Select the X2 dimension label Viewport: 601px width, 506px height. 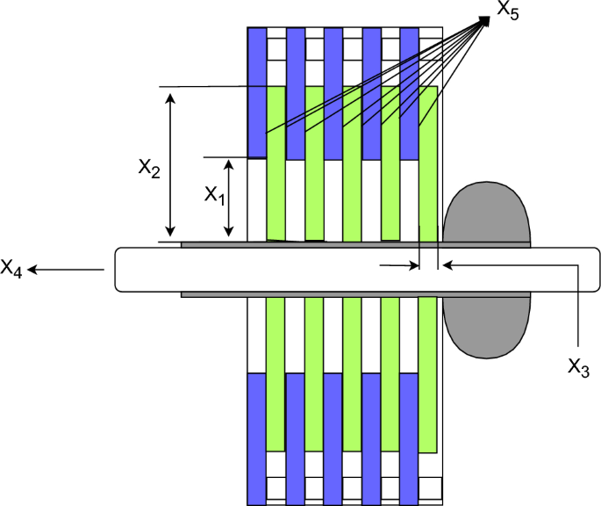pos(149,167)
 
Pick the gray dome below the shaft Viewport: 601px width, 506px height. pos(487,325)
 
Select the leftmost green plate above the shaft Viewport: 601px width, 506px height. pos(275,163)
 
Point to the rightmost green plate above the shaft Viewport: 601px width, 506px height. pos(428,163)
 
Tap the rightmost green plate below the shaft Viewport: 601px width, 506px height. pos(428,374)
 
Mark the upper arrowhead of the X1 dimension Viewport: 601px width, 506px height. pos(228,164)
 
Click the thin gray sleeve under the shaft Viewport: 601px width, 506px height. pos(351,294)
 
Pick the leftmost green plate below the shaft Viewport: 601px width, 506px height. pos(275,372)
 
